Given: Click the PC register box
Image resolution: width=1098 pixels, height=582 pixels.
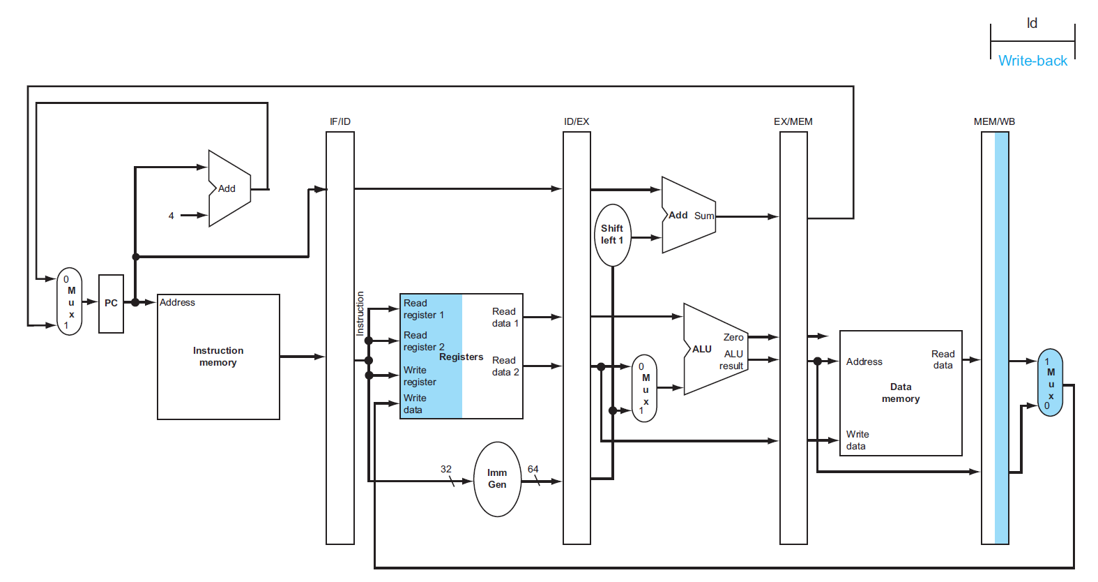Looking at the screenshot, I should click(x=111, y=304).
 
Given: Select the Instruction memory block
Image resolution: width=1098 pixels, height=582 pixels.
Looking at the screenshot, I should click(x=218, y=357).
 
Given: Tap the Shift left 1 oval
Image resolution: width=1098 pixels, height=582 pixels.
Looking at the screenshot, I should click(x=612, y=234).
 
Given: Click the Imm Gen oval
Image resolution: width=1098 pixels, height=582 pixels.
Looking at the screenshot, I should click(x=497, y=479).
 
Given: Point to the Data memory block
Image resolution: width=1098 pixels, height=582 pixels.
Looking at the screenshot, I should click(x=901, y=393).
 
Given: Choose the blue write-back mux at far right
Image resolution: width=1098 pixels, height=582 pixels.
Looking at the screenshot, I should click(x=1050, y=382).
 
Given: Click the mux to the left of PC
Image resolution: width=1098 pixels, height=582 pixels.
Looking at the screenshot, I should click(x=70, y=301).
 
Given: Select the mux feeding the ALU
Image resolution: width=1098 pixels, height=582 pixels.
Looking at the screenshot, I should click(x=644, y=388).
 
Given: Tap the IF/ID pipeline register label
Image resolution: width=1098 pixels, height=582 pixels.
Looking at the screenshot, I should click(x=340, y=121).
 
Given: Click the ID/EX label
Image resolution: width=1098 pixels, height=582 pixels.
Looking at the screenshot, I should click(x=577, y=121).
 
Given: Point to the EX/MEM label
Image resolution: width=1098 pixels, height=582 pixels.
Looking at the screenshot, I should click(x=793, y=121).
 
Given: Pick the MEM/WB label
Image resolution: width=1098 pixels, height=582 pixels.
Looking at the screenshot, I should click(x=994, y=121).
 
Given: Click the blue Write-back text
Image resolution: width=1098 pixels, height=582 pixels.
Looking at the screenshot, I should click(x=1032, y=61).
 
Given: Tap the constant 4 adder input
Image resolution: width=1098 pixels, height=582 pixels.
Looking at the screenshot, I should click(x=171, y=216).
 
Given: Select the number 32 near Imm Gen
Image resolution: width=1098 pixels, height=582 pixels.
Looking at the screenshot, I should click(x=446, y=469).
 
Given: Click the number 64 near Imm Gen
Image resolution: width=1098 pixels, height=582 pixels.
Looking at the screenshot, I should click(x=533, y=469).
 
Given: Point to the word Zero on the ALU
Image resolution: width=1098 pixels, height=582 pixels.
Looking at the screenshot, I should click(x=733, y=337).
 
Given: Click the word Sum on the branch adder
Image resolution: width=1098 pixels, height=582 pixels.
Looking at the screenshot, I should click(x=704, y=216).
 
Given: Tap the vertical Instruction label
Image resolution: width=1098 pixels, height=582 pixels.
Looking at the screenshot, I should click(x=360, y=313).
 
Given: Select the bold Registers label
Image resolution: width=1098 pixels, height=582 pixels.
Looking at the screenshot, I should click(x=461, y=357).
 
